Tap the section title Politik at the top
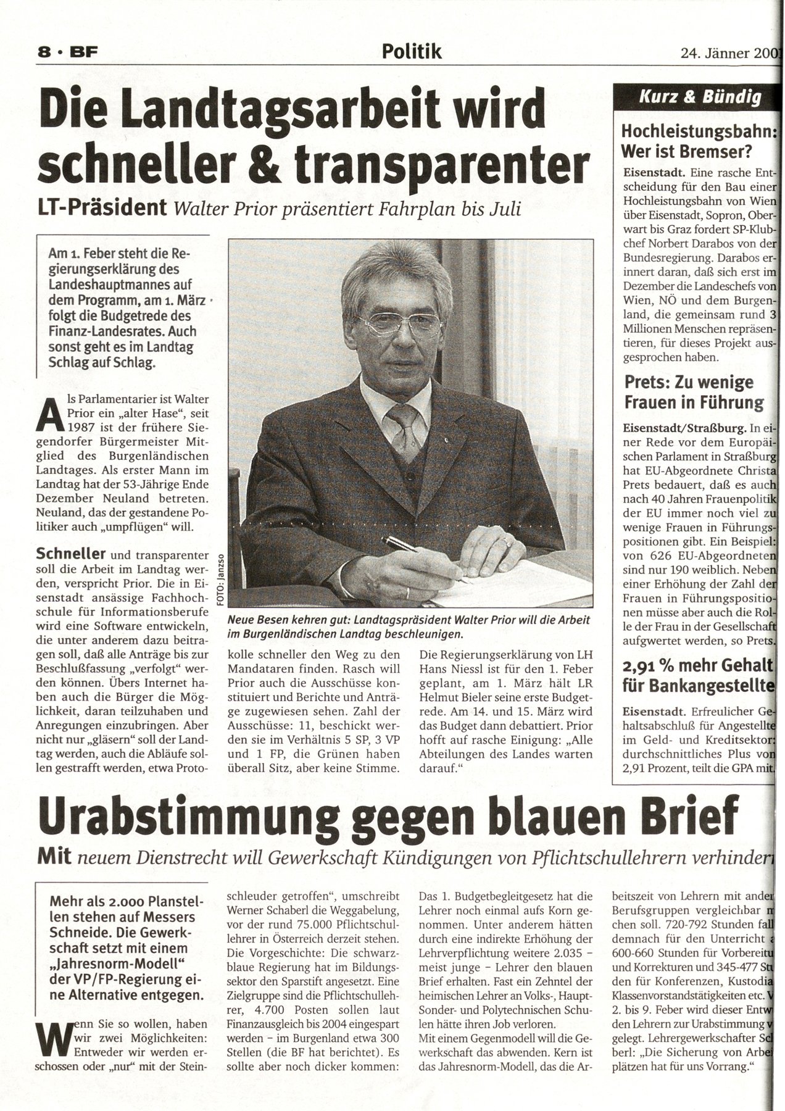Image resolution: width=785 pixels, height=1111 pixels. [x=412, y=52]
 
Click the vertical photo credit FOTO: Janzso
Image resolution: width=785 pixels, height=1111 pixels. [x=220, y=578]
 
